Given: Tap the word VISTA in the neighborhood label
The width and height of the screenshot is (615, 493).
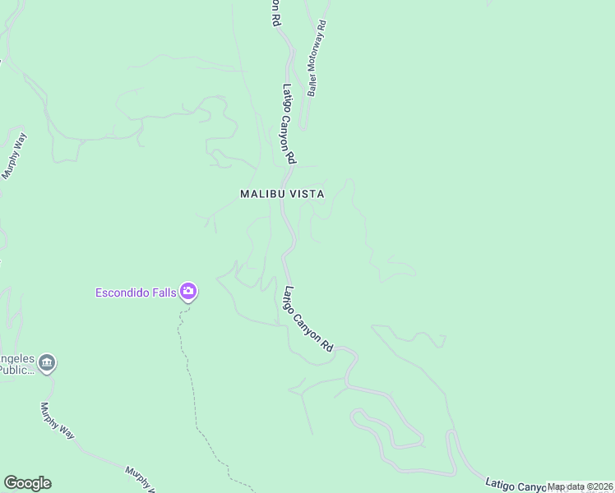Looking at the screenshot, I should (303, 194).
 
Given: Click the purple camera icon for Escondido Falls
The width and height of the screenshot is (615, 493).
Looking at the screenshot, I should (188, 292).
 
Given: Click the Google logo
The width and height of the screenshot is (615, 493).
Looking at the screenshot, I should (27, 483).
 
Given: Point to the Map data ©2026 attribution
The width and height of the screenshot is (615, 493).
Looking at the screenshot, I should (580, 486).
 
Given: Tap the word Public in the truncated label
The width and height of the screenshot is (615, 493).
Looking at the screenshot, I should (16, 370).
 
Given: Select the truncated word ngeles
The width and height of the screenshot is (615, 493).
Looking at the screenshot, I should (16, 359).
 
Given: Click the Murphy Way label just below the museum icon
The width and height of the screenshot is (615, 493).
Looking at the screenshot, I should (57, 421).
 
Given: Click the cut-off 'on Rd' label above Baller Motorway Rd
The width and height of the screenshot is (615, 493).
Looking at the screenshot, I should (275, 12).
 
